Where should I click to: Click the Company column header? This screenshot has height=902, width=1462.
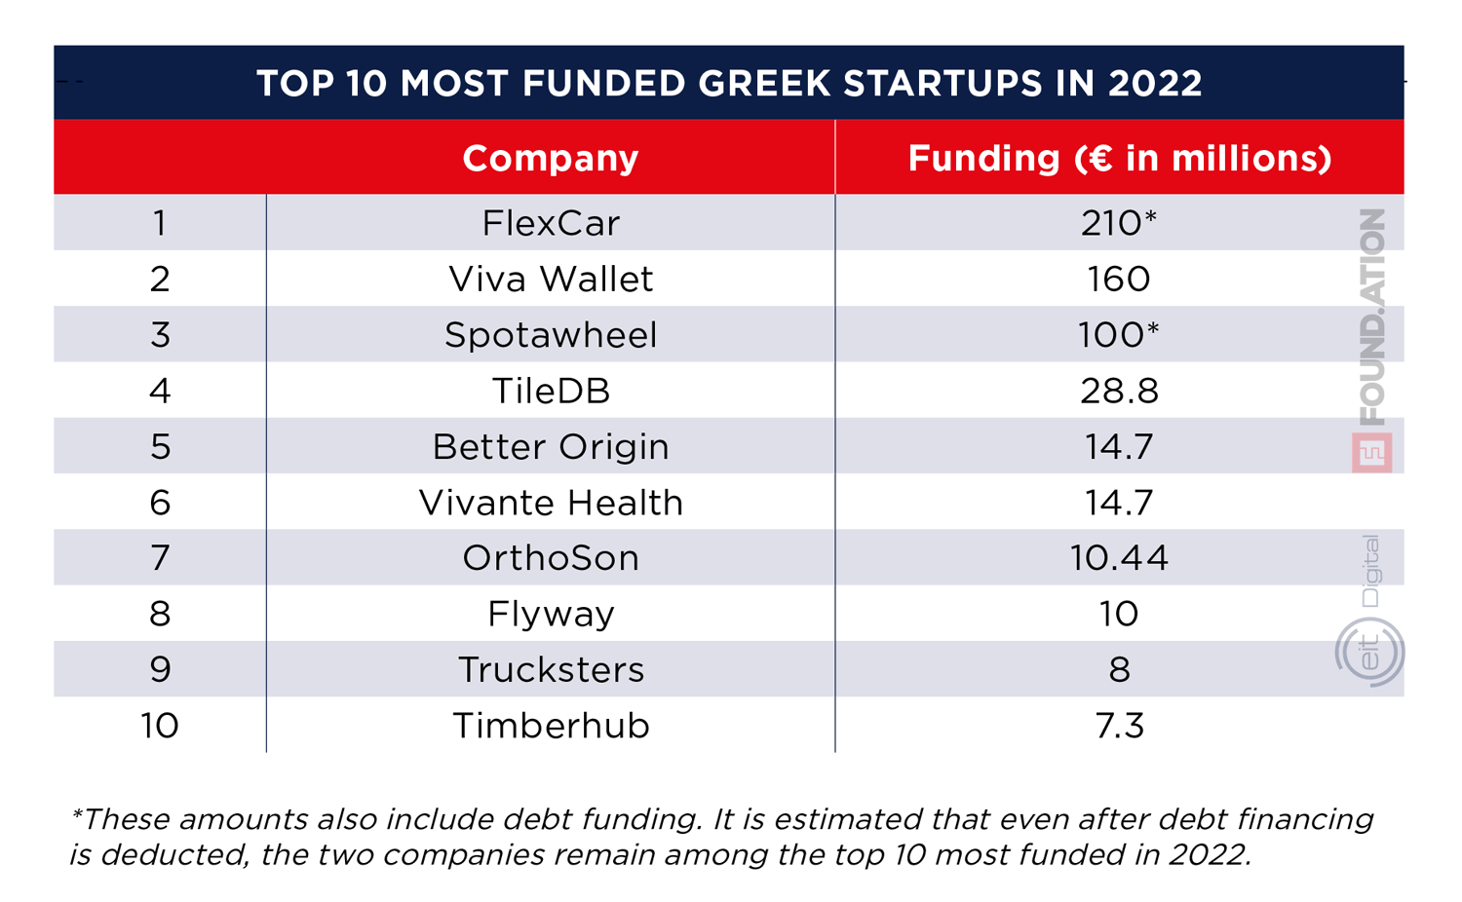[x=550, y=158]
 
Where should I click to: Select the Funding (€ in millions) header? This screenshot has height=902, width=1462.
[x=1119, y=158]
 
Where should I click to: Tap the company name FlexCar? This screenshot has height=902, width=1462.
[x=551, y=223]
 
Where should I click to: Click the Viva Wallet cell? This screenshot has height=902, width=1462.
[x=551, y=280]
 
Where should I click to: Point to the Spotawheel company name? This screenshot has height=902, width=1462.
[x=551, y=335]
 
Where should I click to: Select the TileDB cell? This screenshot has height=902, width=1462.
[x=551, y=391]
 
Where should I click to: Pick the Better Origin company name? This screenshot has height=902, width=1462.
[x=551, y=447]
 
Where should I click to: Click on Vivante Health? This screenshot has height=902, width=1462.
[x=551, y=503]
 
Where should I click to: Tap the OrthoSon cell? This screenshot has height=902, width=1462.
[x=551, y=558]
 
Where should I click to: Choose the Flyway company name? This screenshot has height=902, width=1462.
[x=551, y=614]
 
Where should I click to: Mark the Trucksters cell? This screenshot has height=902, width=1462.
[x=551, y=670]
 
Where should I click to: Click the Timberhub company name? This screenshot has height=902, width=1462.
[x=551, y=726]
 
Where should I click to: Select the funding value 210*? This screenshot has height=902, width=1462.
[x=1118, y=223]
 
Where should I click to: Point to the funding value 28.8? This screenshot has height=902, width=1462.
[x=1119, y=391]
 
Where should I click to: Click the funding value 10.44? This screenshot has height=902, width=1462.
[x=1119, y=558]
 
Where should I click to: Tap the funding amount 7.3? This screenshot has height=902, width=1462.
[x=1119, y=726]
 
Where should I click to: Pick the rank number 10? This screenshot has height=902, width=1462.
[x=159, y=726]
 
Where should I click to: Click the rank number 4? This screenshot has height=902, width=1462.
[x=160, y=391]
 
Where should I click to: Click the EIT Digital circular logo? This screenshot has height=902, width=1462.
[x=1369, y=652]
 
